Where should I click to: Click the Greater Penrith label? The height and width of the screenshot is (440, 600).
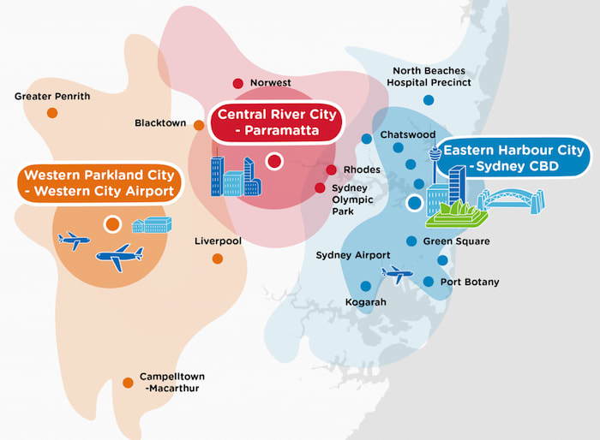tap(52, 97)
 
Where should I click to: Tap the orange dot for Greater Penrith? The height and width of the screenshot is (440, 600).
tap(52, 113)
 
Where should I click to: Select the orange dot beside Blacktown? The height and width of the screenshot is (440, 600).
tap(199, 125)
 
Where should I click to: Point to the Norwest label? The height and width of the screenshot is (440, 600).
tap(271, 82)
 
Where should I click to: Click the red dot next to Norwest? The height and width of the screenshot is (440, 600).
tap(238, 83)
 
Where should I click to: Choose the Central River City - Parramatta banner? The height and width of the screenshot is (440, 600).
tap(277, 122)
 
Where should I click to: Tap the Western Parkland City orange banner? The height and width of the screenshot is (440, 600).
tap(99, 183)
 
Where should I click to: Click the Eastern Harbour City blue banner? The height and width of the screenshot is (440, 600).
tap(513, 158)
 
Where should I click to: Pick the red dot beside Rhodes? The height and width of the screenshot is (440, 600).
tap(332, 169)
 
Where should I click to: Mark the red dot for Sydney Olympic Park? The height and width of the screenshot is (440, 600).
tap(320, 187)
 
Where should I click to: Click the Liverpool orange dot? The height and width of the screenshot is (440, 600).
tap(218, 259)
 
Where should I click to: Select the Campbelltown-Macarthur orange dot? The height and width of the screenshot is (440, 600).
tap(128, 383)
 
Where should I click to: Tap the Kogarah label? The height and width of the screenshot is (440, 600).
tap(366, 302)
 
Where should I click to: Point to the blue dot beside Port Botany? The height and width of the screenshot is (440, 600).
tap(429, 282)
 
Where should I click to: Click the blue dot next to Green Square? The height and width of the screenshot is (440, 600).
tap(411, 241)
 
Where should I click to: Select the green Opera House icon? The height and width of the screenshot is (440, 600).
tap(457, 214)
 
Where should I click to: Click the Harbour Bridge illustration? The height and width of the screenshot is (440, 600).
tap(512, 201)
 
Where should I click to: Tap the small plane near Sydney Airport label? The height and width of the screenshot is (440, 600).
tap(398, 274)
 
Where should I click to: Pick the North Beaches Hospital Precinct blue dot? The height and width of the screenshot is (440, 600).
tap(429, 100)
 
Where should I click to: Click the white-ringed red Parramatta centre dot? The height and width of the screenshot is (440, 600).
tap(274, 161)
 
